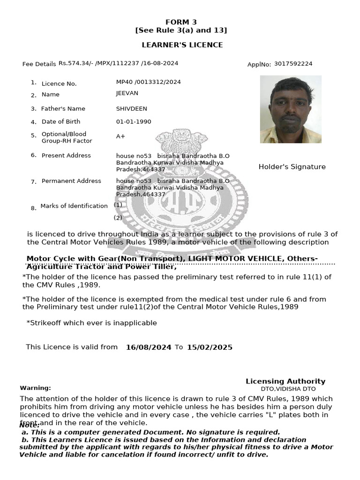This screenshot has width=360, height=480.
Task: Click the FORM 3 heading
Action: pos(181,22)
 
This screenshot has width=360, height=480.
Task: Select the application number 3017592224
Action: pos(293,64)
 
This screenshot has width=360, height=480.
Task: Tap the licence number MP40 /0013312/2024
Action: pos(148,82)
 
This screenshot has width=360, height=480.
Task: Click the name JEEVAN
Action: pos(127,94)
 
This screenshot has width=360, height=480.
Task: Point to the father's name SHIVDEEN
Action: pos(131,109)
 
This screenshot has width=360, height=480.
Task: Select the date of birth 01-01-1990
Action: pos(134,122)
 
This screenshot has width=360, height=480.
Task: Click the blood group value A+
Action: pos(120,136)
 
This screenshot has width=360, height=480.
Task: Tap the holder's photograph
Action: pos(291,109)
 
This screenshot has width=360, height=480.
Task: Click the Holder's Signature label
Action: pos(292,167)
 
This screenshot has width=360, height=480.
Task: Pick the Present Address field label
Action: pos(66,156)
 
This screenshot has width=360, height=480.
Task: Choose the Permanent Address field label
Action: pos(71,181)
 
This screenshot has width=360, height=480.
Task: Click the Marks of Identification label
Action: pos(74,206)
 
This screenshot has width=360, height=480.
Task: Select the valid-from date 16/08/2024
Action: pos(149,347)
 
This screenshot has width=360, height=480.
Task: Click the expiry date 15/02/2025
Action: pos(210,347)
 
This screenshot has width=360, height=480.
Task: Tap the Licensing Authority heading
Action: pos(285,381)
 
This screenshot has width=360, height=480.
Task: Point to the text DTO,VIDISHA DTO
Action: pos(288,389)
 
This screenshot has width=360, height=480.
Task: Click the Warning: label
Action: pos(35,388)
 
